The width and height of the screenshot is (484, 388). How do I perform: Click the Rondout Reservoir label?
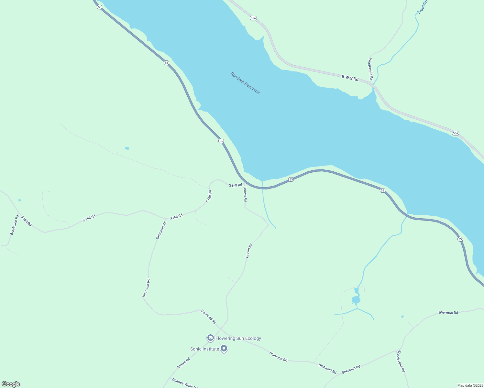(245, 83)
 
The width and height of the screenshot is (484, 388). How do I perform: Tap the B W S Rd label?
(350, 78)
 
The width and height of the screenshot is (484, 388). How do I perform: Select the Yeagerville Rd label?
(371, 69)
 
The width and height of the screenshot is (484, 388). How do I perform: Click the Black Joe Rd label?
(15, 225)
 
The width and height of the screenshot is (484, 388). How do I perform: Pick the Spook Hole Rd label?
(401, 361)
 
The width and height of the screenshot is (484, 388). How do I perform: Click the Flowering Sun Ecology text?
(238, 338)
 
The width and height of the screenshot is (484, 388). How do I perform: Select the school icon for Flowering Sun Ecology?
(210, 338)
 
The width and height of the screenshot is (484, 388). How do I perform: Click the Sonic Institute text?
(204, 349)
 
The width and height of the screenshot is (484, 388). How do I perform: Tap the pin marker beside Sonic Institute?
(224, 349)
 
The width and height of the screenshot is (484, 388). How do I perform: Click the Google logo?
(11, 384)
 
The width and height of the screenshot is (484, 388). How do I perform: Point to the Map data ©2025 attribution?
(470, 385)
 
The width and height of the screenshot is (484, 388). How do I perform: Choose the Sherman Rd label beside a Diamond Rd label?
(351, 369)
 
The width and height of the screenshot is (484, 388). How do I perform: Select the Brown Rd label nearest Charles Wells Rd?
(183, 363)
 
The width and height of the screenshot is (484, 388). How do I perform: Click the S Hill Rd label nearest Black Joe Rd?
(26, 221)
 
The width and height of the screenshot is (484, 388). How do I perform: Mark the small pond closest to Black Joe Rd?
(20, 200)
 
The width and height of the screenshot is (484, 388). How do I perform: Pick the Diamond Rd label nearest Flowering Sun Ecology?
(208, 317)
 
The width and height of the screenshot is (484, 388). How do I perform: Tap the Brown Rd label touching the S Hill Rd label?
(245, 194)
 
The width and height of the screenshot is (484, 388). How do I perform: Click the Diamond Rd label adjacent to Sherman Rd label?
(327, 368)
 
